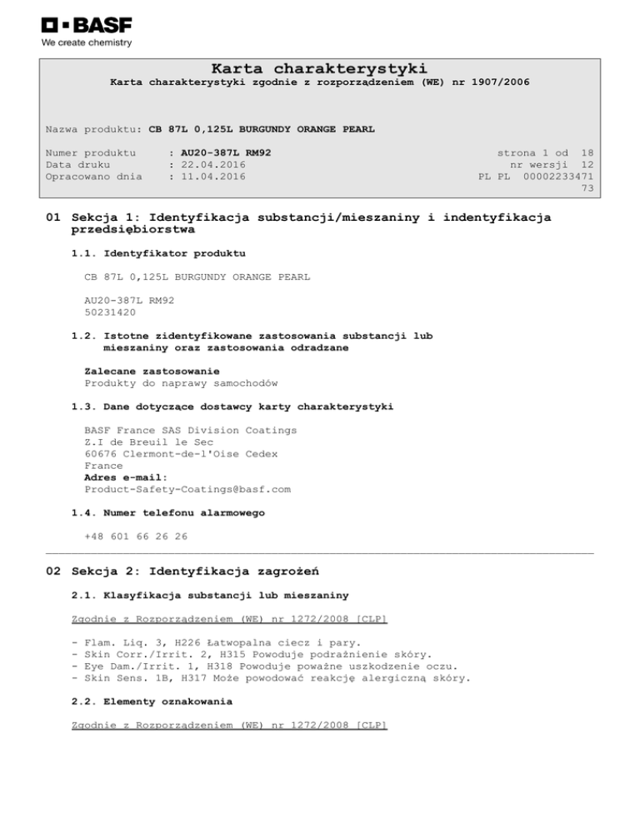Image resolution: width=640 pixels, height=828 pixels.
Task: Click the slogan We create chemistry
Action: [87, 42]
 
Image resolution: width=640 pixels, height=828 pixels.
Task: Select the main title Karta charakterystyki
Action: [319, 67]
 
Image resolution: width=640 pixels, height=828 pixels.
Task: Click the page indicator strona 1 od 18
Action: [545, 153]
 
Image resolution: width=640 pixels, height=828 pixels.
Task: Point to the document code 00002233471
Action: [558, 177]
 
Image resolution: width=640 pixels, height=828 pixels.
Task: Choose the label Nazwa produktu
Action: [91, 130]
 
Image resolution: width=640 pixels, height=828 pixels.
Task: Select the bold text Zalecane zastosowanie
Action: [152, 371]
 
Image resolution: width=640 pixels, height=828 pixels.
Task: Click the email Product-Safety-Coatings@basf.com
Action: [187, 489]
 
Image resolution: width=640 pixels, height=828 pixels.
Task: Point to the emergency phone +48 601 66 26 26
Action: [136, 536]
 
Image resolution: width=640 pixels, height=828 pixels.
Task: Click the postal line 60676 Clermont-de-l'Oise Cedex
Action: [181, 454]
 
